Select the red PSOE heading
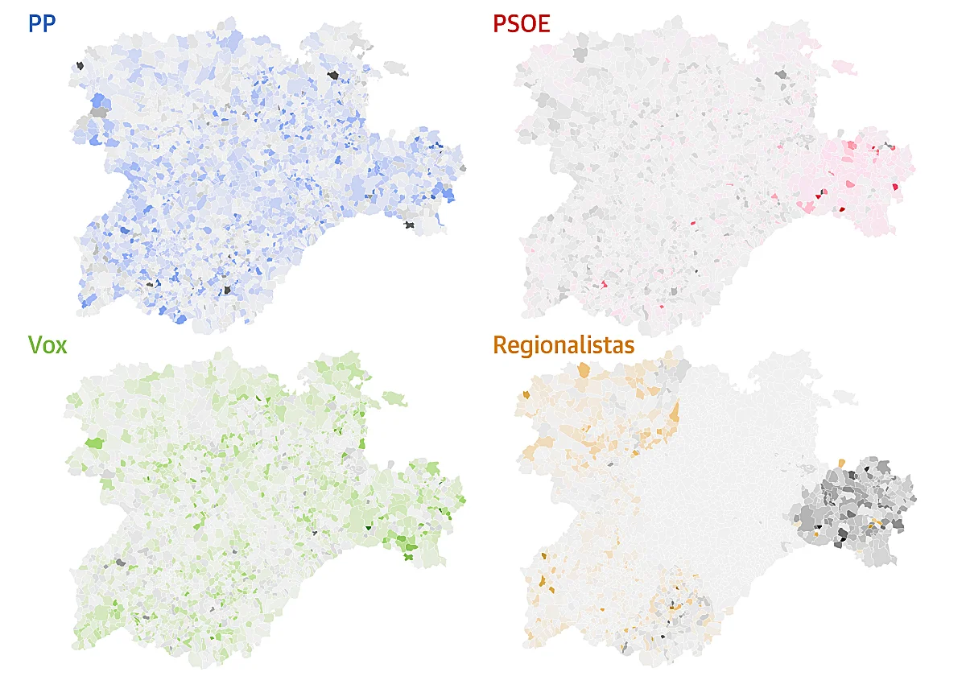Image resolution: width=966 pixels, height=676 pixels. pos(521,23)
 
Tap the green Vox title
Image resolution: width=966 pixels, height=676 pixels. pos(47,345)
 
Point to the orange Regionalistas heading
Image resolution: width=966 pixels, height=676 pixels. pos(563,345)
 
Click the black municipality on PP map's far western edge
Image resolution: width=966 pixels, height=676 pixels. pos(80,66)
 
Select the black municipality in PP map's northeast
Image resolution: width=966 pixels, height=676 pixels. pos(333,75)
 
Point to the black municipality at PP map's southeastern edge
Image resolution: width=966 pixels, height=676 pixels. pos(411,225)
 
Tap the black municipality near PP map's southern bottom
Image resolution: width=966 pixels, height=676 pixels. pos(227,289)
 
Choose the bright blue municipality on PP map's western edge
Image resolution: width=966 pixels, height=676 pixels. pos(100,101)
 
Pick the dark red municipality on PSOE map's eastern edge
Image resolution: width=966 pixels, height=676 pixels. pos(894,187)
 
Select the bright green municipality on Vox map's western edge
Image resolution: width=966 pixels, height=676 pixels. pos(95,442)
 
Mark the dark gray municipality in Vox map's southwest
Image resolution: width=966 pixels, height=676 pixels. pos(121,563)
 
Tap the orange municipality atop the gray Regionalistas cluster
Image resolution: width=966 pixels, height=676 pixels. pos(841,463)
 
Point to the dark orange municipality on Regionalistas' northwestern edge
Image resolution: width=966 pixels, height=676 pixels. pos(526,394)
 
